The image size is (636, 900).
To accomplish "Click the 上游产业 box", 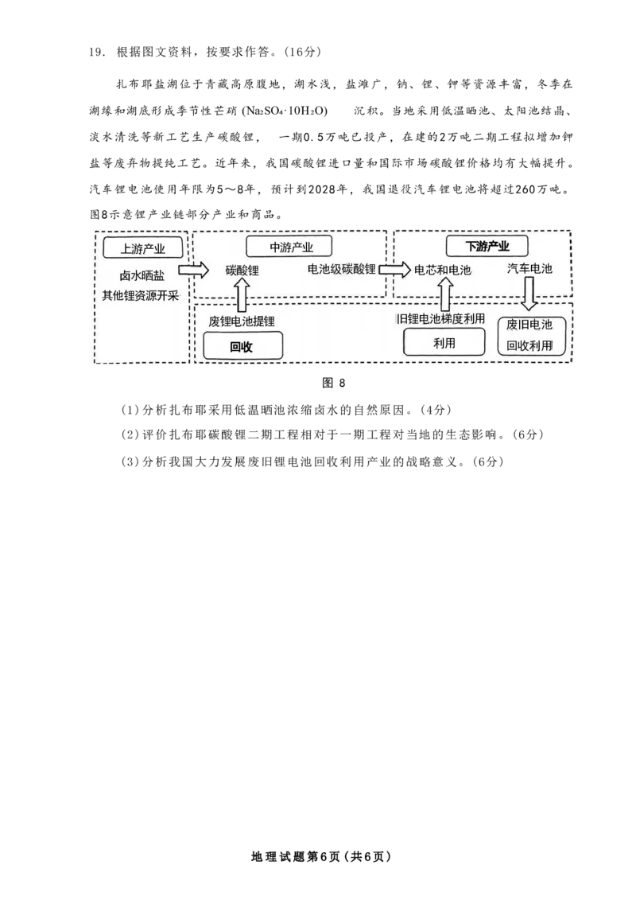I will (143, 247).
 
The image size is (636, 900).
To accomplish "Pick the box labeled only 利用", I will (444, 343).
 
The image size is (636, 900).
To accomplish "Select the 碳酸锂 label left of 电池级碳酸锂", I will (242, 271).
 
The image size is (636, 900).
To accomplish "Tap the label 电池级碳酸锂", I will (342, 270).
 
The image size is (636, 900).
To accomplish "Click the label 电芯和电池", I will (443, 271).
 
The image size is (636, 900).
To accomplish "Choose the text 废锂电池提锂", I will (242, 321).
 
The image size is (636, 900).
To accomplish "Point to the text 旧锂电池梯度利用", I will (443, 319).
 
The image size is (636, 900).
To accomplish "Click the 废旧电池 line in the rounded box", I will (529, 325).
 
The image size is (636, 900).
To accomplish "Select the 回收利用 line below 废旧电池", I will (529, 346).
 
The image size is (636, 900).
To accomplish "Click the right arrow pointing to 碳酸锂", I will (192, 270).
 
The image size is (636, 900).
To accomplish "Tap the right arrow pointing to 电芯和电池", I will (392, 270).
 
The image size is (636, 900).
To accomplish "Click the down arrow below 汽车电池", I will (529, 296).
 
